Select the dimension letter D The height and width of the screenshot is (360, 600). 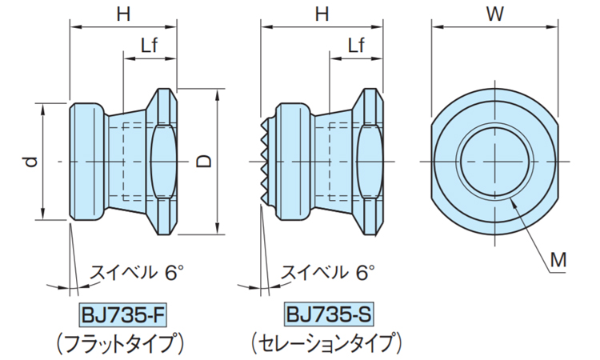pos(205,161)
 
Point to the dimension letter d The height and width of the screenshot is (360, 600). pos(30,161)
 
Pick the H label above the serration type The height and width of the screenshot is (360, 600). pos(322,14)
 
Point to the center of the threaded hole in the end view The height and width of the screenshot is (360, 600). pos(494,162)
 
